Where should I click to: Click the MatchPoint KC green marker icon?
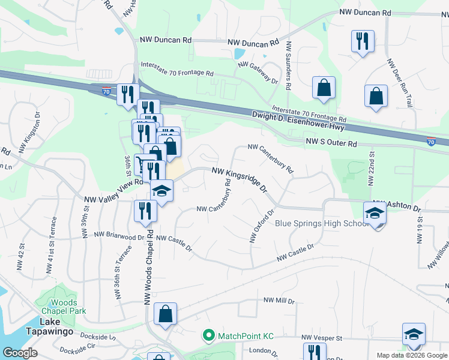click(209, 335)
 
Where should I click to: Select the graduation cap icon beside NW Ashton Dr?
click(375, 214)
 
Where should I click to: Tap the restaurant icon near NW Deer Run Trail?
click(363, 41)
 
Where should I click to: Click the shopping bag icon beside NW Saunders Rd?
click(324, 88)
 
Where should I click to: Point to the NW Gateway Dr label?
click(259, 73)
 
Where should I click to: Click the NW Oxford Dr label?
click(262, 226)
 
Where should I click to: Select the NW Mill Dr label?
click(279, 301)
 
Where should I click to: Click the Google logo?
click(20, 353)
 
